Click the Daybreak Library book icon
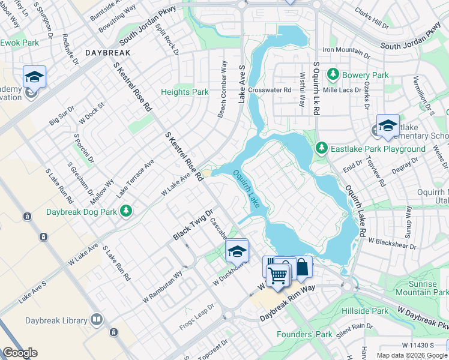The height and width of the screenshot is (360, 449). click(x=97, y=320)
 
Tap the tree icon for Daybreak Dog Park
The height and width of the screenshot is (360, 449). click(x=126, y=211)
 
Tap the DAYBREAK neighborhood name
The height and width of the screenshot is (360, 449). click(x=107, y=53)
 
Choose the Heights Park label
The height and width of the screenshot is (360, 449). click(x=185, y=92)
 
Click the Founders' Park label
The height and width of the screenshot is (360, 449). click(x=304, y=334)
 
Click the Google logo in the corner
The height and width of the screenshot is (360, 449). click(x=20, y=353)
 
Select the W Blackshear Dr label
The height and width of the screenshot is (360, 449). click(x=393, y=245)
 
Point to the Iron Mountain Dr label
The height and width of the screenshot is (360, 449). click(x=346, y=50)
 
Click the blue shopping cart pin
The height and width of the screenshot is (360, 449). click(x=278, y=276)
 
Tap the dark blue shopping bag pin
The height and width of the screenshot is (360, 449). click(x=302, y=266)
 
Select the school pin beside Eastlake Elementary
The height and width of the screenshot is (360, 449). click(x=387, y=125)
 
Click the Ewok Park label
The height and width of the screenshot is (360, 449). click(x=19, y=43)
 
